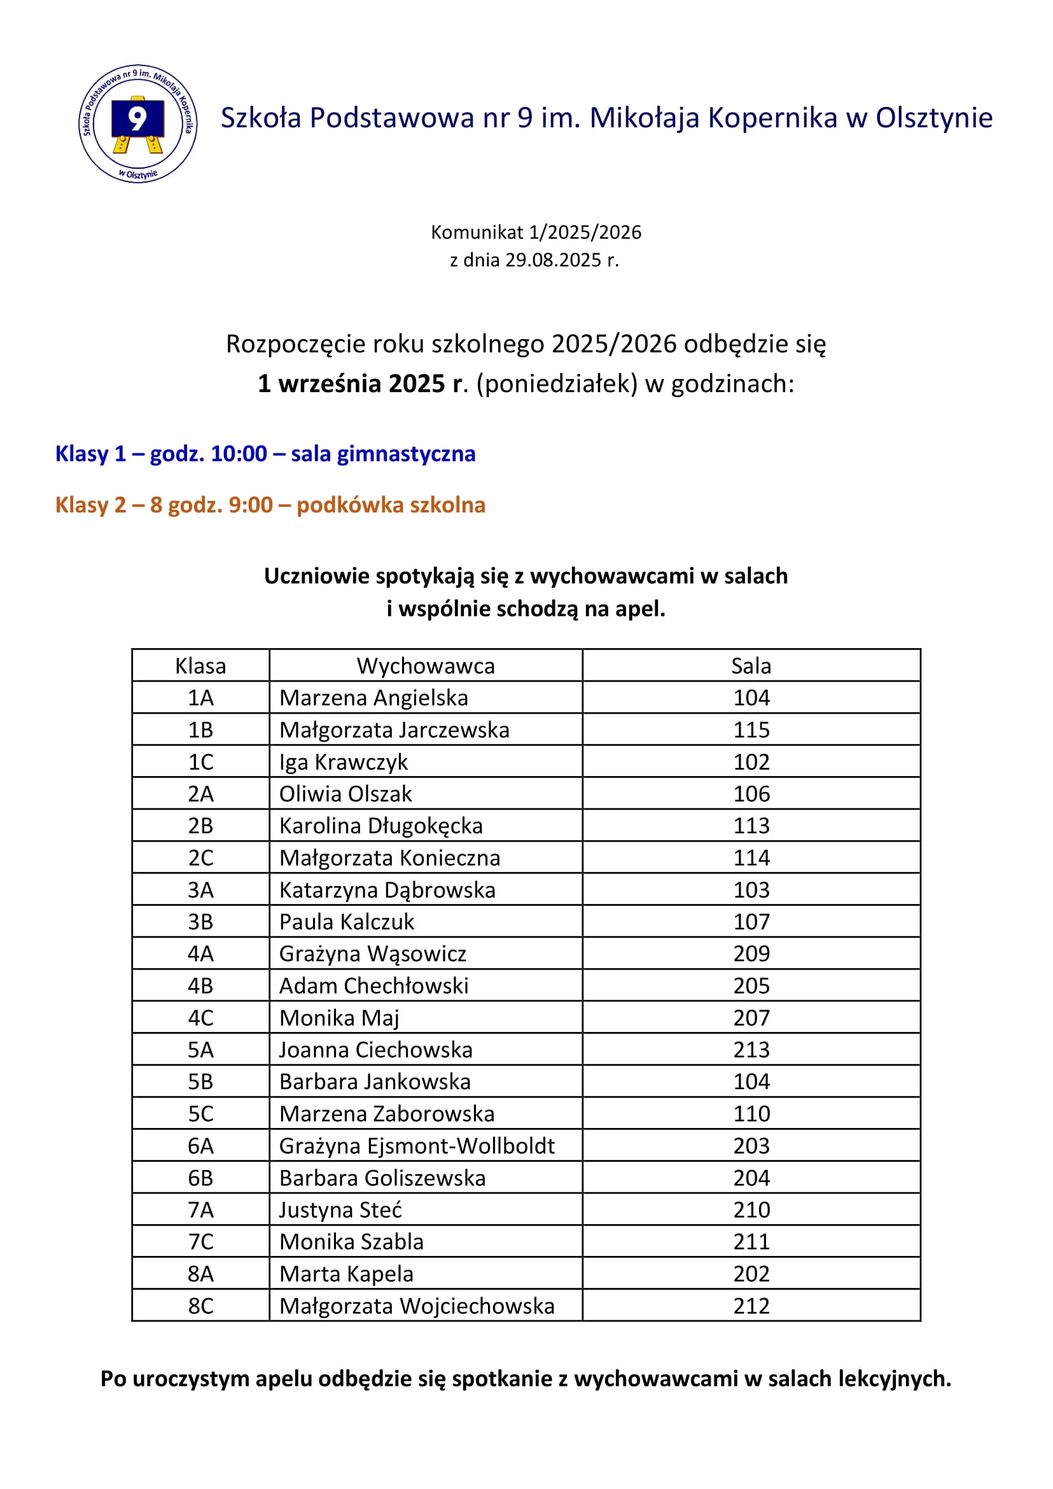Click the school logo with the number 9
[137, 123]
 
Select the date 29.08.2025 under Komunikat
[553, 260]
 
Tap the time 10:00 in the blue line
[239, 453]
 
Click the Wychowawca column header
[426, 666]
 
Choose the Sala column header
[751, 666]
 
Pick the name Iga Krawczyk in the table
[343, 762]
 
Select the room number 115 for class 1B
[751, 730]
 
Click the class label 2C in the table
[200, 857]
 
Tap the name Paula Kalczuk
[346, 922]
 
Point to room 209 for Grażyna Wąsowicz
[751, 954]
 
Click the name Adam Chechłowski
[373, 986]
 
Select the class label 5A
[200, 1050]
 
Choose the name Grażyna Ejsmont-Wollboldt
[417, 1146]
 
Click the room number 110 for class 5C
[751, 1114]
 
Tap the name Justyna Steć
[340, 1210]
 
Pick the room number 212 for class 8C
[751, 1306]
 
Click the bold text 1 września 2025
[352, 384]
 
